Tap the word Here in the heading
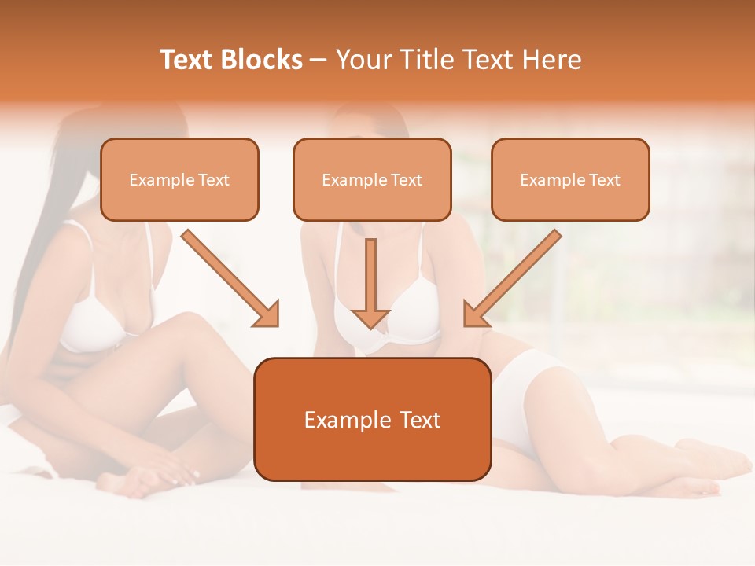point(551,60)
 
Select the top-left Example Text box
point(179,179)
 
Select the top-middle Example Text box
point(372,179)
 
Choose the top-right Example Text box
point(570,179)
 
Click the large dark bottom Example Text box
point(373,419)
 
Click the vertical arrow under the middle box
point(370,283)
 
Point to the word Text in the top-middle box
point(406,180)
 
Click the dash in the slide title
point(319,60)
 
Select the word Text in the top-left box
point(213,180)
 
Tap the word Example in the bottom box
point(346,420)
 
